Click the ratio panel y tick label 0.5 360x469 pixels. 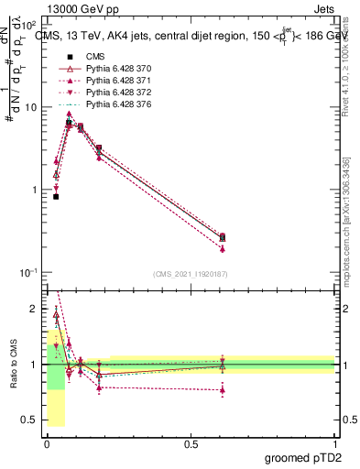pyautogui.click(x=30, y=420)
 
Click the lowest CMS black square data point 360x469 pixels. pyautogui.click(x=56, y=196)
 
